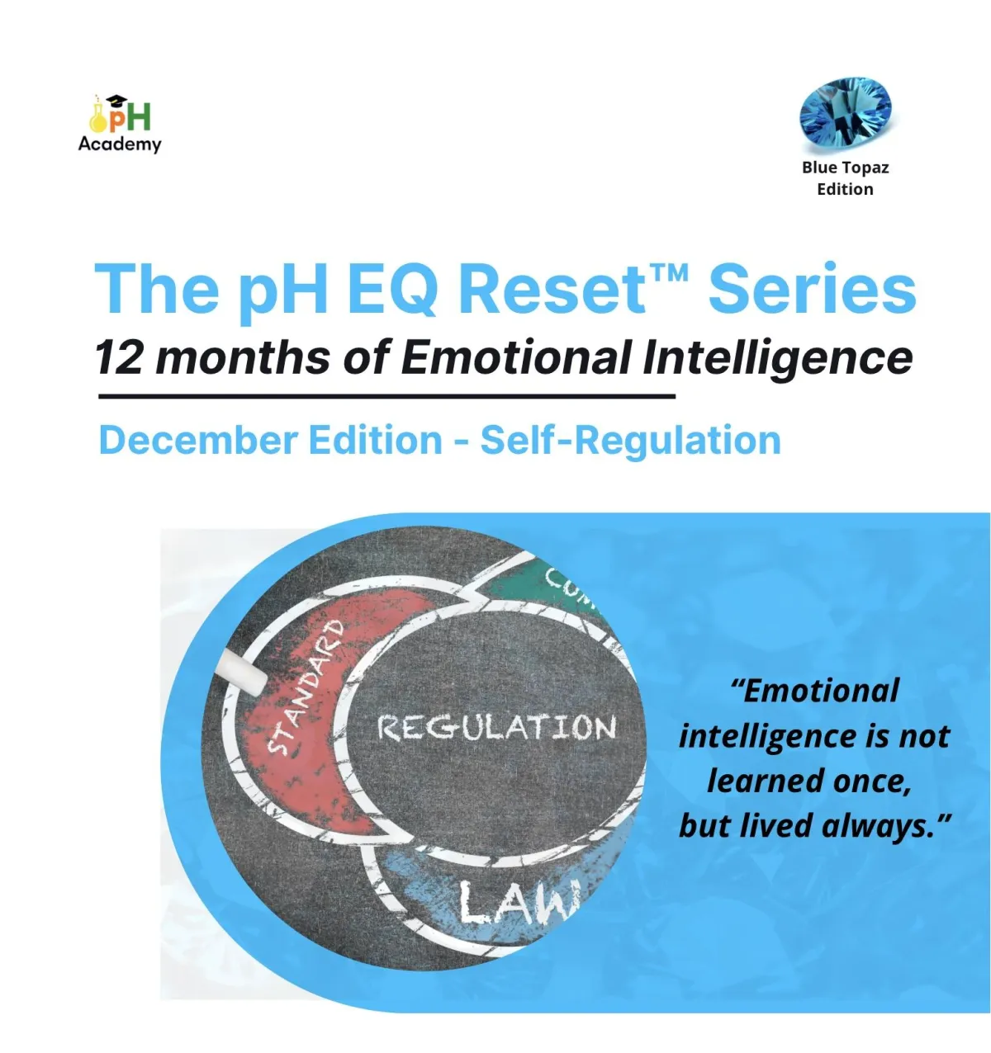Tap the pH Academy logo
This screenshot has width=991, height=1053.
click(120, 124)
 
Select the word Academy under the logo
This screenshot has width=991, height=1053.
click(120, 144)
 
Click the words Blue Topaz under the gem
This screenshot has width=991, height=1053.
click(845, 168)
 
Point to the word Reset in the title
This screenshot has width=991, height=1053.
click(552, 290)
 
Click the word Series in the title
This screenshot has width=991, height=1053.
click(812, 290)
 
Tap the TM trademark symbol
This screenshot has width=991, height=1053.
click(668, 274)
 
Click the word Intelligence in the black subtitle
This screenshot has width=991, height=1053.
click(777, 359)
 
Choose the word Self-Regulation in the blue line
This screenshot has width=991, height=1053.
click(631, 442)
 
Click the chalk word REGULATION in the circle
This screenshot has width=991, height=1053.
click(496, 727)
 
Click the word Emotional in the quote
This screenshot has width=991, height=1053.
click(815, 691)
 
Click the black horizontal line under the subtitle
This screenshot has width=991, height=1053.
click(386, 395)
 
